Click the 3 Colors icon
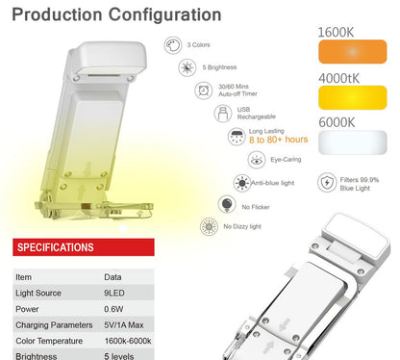tap(172, 44)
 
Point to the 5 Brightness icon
tap(187, 67)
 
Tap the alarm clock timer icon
tap(204, 90)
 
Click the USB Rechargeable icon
tap(221, 114)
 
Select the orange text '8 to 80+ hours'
tap(278, 141)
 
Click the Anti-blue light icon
tap(242, 183)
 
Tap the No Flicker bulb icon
tap(226, 204)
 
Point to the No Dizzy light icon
tap(207, 227)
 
